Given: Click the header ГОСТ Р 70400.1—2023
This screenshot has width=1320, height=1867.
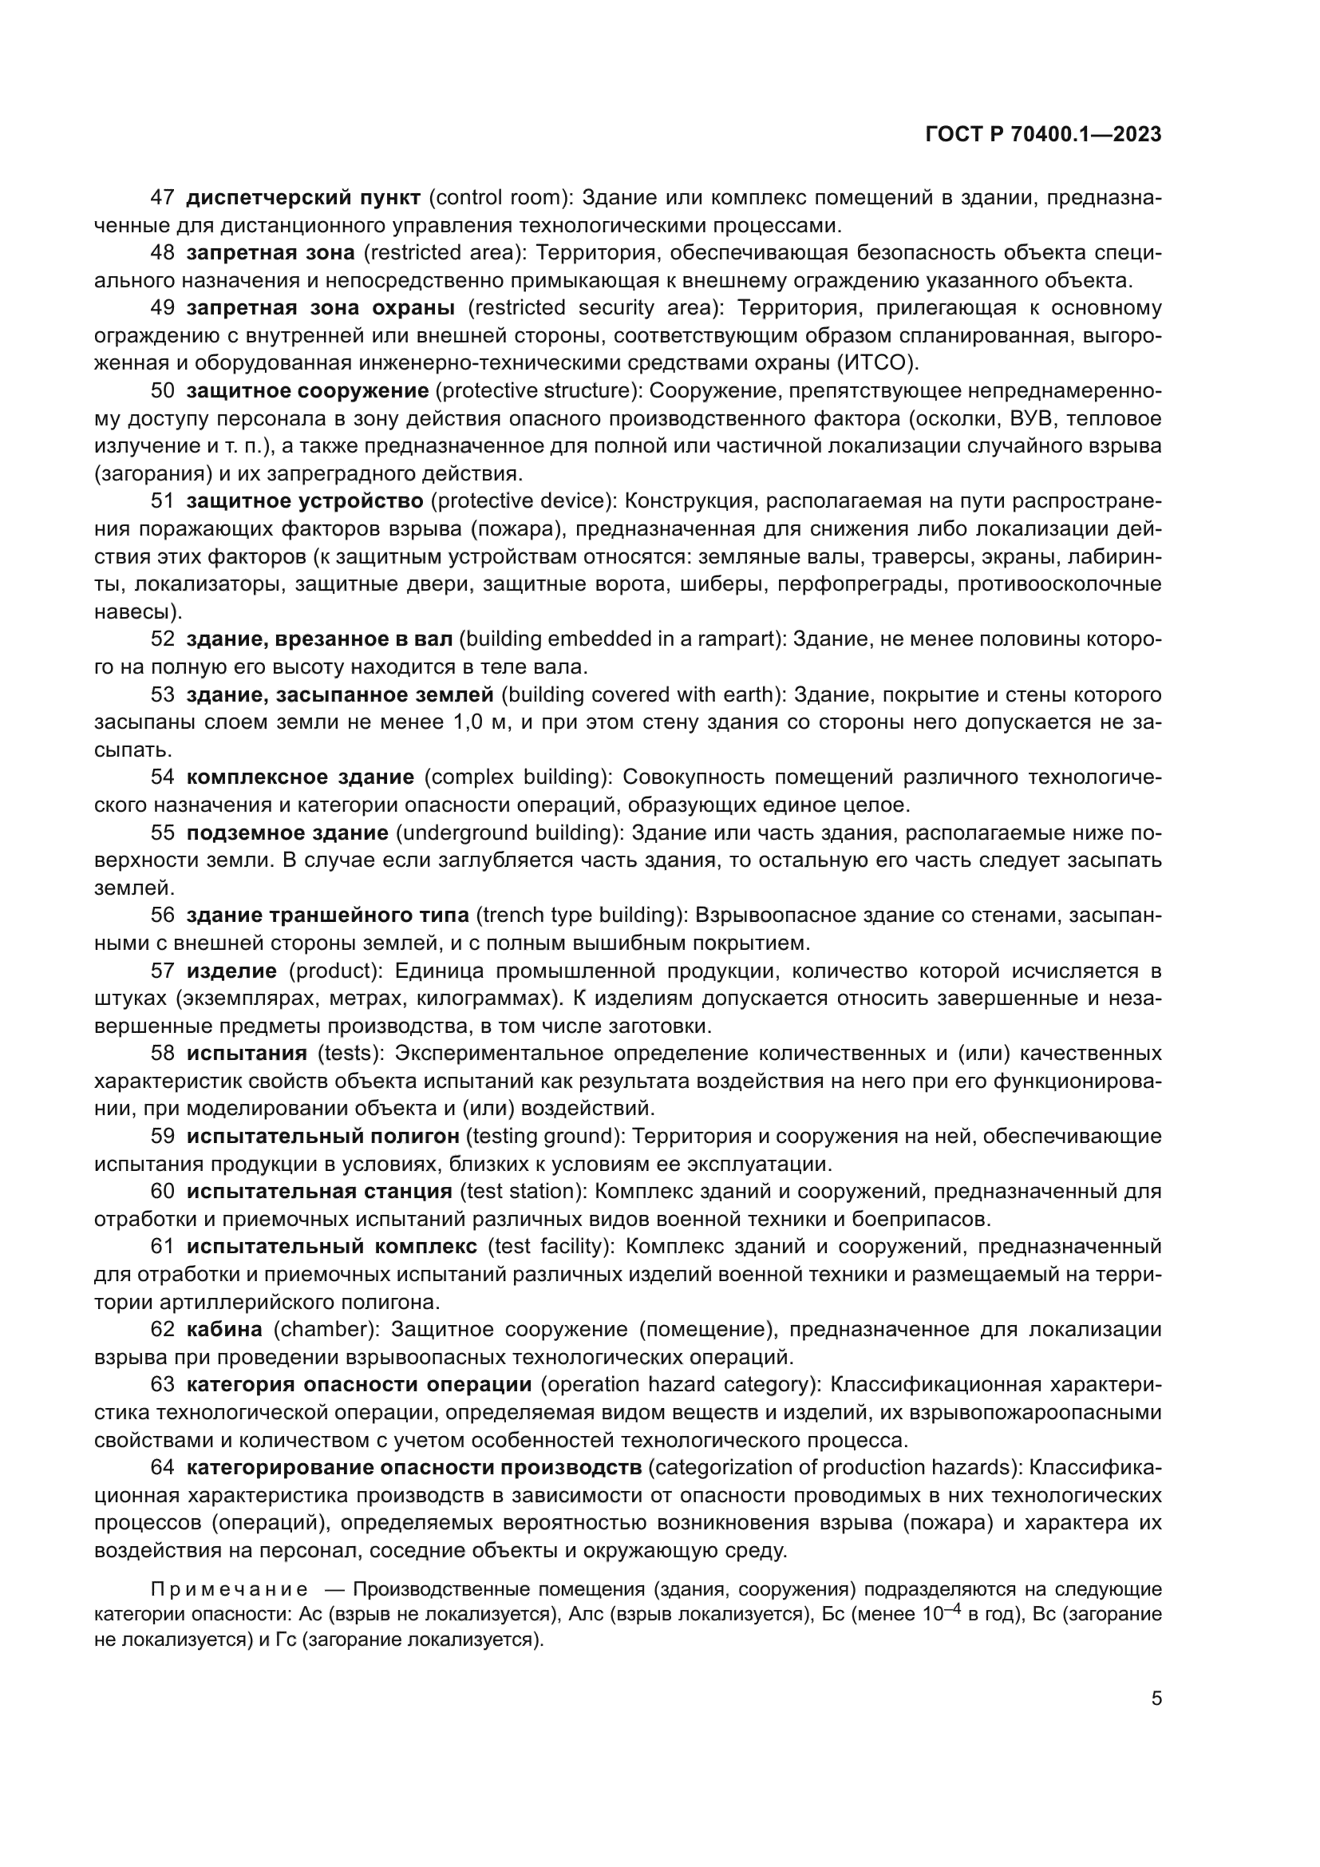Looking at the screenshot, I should (x=1043, y=135).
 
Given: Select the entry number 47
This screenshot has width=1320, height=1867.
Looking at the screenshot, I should (x=163, y=198).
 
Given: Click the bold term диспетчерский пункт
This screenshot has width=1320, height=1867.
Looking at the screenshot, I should (x=303, y=198).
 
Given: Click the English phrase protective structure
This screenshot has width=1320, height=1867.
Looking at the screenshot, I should (x=537, y=391).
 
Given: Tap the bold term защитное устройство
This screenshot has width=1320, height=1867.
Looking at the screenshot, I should (x=305, y=500).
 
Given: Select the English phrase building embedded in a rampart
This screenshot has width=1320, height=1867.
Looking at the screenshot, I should (x=622, y=639).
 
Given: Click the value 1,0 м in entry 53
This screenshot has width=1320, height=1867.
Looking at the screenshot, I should (x=466, y=722).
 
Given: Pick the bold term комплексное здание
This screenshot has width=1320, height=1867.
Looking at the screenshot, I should (x=300, y=777).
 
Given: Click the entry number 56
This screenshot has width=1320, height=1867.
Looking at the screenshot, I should (x=163, y=916).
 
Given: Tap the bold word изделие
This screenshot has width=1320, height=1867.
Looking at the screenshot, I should (x=231, y=971).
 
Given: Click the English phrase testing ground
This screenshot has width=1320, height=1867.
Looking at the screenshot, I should (x=555, y=1136).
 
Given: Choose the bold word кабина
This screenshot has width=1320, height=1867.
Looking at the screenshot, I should (x=224, y=1330).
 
